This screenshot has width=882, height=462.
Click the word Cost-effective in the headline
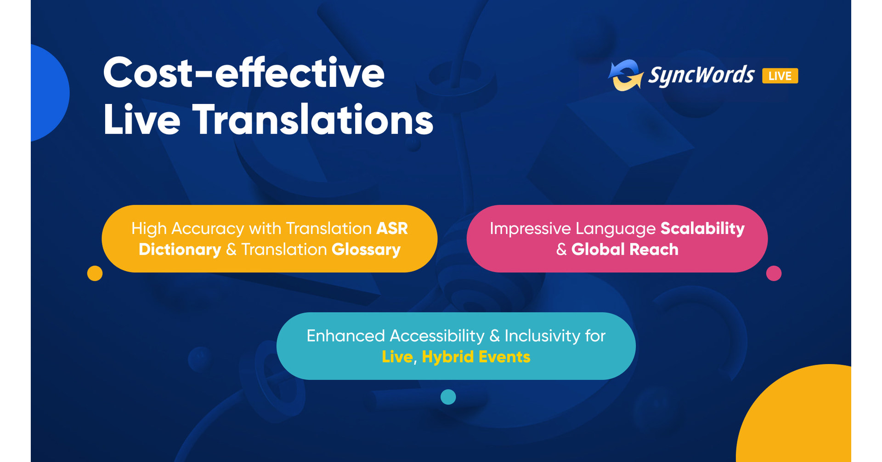pos(243,74)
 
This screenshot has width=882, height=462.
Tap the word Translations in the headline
pos(312,120)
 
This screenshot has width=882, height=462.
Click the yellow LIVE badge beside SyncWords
pos(780,76)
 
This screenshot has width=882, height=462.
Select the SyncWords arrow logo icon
pos(625,75)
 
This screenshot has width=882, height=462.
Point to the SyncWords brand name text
pos(701,75)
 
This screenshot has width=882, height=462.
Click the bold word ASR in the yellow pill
pos(392,228)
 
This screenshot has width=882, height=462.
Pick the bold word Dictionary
pos(180,250)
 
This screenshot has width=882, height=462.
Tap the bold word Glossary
pos(366,250)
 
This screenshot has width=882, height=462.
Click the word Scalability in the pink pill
pos(702,228)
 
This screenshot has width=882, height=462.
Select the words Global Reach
pos(624,250)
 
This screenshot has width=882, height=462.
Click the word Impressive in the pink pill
pos(530,228)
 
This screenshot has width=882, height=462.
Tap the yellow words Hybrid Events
pos(475,357)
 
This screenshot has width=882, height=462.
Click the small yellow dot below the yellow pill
pos(95,274)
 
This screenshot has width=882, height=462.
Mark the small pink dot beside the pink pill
pos(774,274)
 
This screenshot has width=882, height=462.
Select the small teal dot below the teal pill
pos(448,397)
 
